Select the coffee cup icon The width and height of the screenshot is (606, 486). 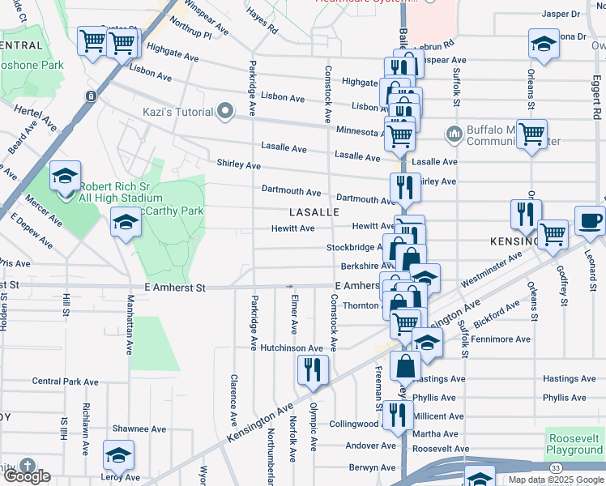(590, 220)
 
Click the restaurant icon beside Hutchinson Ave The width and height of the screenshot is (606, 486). (313, 370)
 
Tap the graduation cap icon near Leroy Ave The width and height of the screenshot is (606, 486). (118, 456)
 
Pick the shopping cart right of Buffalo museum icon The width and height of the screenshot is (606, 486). (531, 134)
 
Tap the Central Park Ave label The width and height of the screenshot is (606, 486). (65, 382)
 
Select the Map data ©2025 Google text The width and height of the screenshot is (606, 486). (555, 480)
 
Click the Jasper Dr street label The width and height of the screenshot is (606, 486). (561, 14)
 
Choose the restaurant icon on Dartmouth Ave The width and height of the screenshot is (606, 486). (403, 189)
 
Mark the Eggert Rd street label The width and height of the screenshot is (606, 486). (596, 94)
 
